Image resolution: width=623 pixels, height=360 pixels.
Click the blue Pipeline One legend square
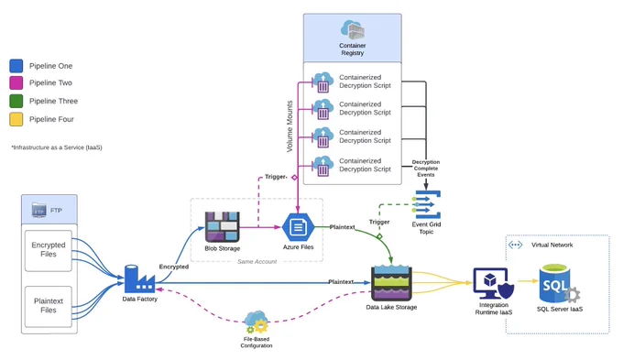tap(16, 66)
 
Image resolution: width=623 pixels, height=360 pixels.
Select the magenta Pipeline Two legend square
tap(16, 83)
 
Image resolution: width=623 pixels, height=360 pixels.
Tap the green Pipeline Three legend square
tap(16, 101)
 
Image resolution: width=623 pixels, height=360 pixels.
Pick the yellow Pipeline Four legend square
tap(16, 119)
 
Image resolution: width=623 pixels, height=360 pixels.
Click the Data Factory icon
tap(139, 279)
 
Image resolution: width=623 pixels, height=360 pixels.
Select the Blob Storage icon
tap(222, 227)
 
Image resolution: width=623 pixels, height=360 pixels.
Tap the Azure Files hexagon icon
tap(298, 227)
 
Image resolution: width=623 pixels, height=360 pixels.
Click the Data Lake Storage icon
tap(391, 283)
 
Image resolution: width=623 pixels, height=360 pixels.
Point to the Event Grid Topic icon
tap(426, 204)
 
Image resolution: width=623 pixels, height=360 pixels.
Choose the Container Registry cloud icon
tap(353, 29)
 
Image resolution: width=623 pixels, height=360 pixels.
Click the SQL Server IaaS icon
tap(559, 284)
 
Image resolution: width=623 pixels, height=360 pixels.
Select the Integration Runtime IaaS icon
tap(493, 284)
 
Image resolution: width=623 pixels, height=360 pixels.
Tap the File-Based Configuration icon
tap(257, 322)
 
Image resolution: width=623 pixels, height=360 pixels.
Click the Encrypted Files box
tap(49, 251)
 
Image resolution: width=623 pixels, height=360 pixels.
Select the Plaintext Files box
tap(49, 306)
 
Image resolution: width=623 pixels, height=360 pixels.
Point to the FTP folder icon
tap(38, 210)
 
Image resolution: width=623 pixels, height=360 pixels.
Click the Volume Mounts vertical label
tap(290, 126)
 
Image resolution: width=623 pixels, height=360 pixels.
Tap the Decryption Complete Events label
tap(426, 169)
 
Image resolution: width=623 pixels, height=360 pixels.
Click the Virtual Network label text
tap(552, 245)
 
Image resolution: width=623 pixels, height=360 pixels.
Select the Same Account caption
tap(257, 261)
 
